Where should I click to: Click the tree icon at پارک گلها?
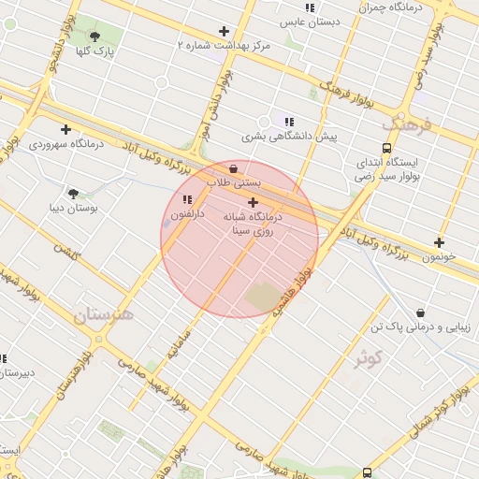[94, 36]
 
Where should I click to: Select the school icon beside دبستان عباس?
[310, 7]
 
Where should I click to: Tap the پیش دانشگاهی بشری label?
[289, 137]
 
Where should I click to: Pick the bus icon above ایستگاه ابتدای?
[386, 148]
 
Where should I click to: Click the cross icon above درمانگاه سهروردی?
[65, 129]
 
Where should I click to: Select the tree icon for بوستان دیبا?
[73, 193]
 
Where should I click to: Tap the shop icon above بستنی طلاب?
[233, 168]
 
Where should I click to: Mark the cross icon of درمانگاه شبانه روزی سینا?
[253, 202]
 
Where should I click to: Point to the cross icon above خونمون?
[439, 242]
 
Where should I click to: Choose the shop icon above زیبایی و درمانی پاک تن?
[420, 312]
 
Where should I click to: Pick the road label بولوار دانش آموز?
[198, 123]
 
